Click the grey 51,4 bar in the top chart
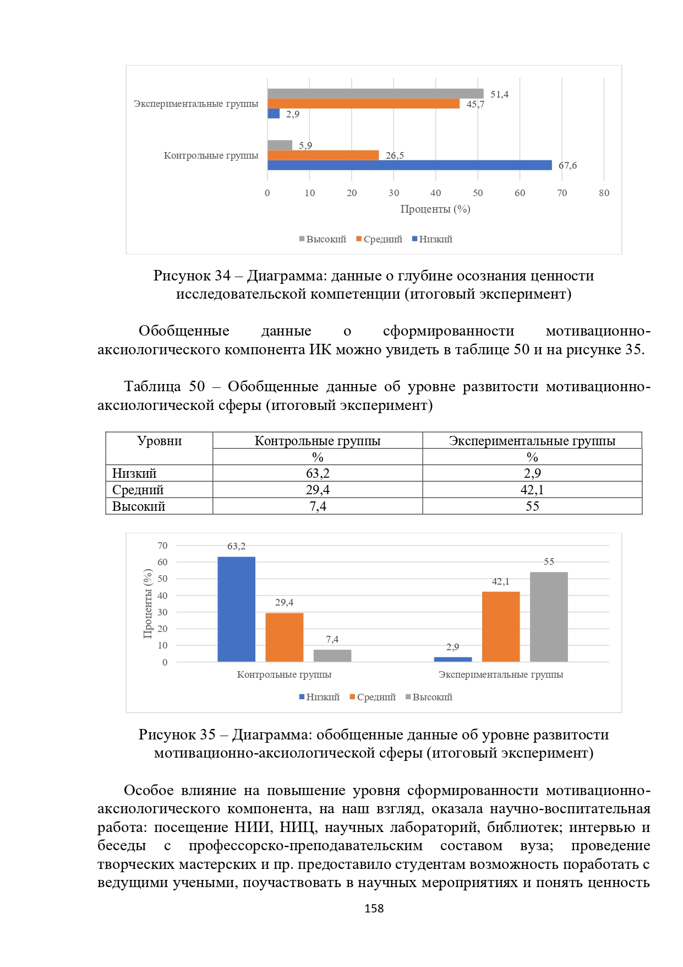pyautogui.click(x=375, y=94)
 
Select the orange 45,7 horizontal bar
pyautogui.click(x=363, y=104)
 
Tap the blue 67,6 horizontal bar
pyautogui.click(x=409, y=165)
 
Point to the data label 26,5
pyautogui.click(x=395, y=155)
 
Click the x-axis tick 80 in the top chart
pyautogui.click(x=604, y=193)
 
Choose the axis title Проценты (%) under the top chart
pyautogui.click(x=435, y=209)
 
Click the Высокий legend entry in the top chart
pyautogui.click(x=323, y=239)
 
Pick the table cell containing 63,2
pyautogui.click(x=318, y=473)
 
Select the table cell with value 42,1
pyautogui.click(x=532, y=490)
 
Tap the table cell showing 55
pyautogui.click(x=532, y=506)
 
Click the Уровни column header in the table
pyautogui.click(x=159, y=441)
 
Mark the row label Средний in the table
pyautogui.click(x=138, y=490)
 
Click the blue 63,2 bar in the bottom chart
pyautogui.click(x=236, y=609)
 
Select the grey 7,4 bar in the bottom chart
pyautogui.click(x=332, y=656)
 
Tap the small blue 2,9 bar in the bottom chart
pyautogui.click(x=452, y=659)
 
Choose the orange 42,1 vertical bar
pyautogui.click(x=500, y=626)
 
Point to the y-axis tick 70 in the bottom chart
pyautogui.click(x=162, y=546)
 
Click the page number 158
pyautogui.click(x=374, y=909)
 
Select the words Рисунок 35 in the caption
pyautogui.click(x=177, y=734)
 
